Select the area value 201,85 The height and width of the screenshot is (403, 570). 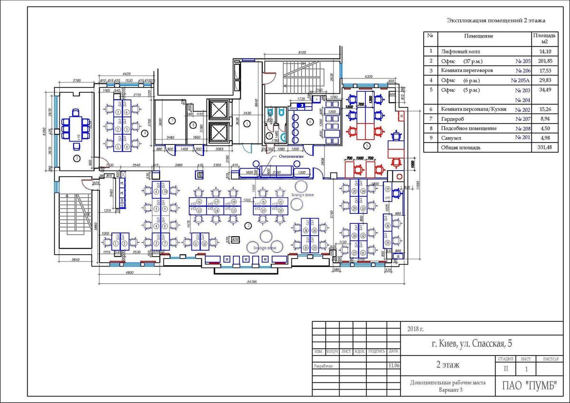(544, 61)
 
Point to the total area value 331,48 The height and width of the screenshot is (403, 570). (544, 148)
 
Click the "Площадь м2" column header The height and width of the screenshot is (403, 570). (544, 38)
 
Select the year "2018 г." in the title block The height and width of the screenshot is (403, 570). (415, 329)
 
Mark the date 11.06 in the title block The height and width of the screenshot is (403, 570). (393, 366)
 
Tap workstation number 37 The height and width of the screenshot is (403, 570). (388, 189)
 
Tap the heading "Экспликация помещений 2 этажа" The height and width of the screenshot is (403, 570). (496, 20)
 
